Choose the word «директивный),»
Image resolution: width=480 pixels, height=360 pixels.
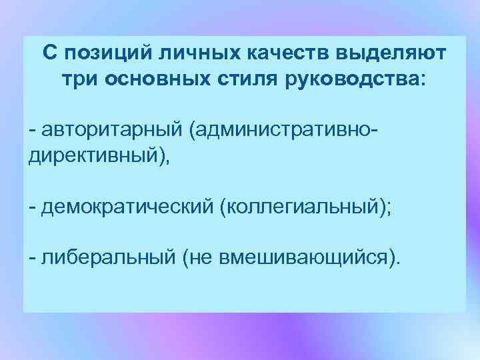click(99, 154)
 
